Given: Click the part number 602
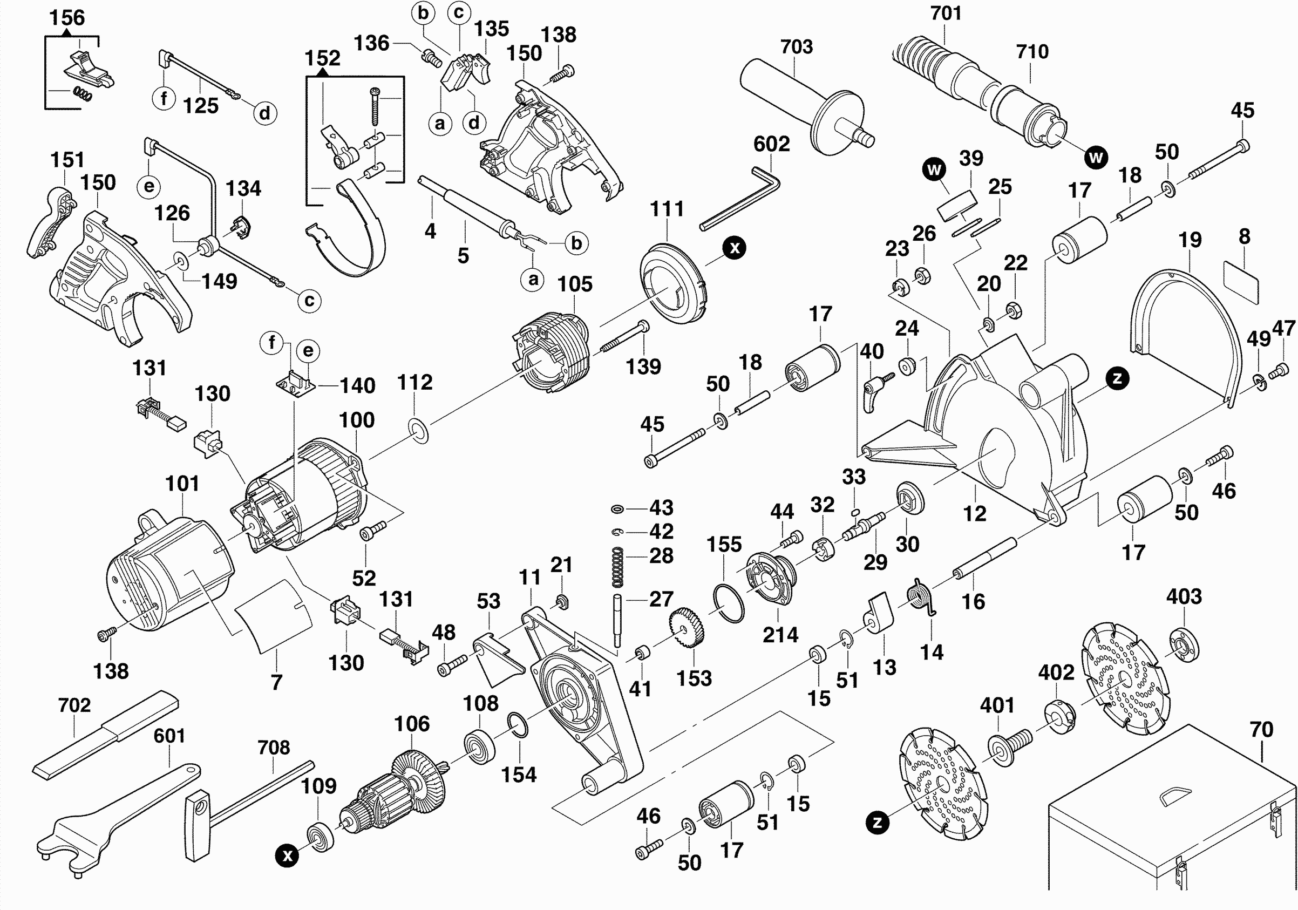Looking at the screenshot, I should (771, 144).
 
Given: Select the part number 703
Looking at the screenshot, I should (796, 47).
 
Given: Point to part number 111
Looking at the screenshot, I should (667, 209).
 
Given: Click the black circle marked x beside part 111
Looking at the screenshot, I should (735, 248).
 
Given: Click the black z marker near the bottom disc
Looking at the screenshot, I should (877, 822).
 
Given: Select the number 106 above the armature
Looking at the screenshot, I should (412, 724).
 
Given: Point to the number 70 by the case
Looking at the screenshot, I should (1261, 730).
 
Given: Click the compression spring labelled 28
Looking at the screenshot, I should (618, 566).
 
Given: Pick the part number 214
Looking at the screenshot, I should (780, 635).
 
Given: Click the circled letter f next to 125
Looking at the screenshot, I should (164, 98).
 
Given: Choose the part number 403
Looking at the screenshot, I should (1184, 596).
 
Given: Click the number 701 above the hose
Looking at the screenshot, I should (946, 13).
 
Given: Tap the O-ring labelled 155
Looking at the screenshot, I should (729, 603).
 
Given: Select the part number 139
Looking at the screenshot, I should (643, 367).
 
